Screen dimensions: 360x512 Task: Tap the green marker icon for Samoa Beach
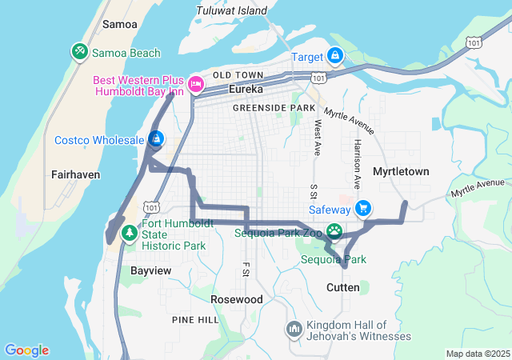pos(79,53)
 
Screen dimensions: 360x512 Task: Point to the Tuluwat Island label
pos(231,11)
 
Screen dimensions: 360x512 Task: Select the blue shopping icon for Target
pos(335,56)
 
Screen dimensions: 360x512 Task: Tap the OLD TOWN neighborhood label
pos(233,75)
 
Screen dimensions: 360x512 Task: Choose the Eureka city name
pos(246,89)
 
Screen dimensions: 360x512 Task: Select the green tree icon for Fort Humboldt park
pos(129,233)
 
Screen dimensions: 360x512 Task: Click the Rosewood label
pos(236,298)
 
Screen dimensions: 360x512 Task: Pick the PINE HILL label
pos(195,319)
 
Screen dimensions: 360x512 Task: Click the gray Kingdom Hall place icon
pos(294,330)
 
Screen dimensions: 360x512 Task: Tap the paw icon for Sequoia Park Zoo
pos(333,233)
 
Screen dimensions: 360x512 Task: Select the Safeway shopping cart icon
pos(364,209)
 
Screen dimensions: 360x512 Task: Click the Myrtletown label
pos(401,171)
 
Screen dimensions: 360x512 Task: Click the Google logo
pos(26,350)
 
